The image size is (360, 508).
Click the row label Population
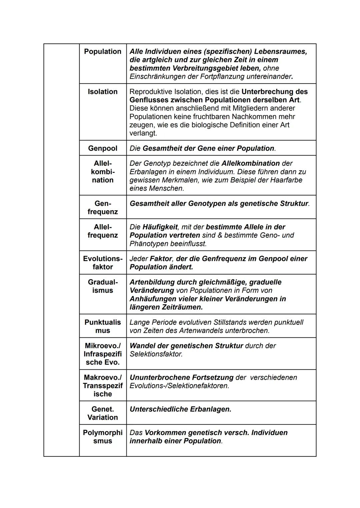click(x=103, y=52)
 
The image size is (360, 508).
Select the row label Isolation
click(x=103, y=92)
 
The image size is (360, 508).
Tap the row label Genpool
click(x=103, y=148)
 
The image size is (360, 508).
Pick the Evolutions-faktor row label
click(x=103, y=263)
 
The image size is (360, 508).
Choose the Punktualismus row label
click(x=103, y=326)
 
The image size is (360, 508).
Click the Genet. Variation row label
click(x=103, y=413)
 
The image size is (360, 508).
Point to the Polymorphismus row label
click(x=103, y=437)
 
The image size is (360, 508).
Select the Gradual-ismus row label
click(x=103, y=286)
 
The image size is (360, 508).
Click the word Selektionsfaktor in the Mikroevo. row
click(x=156, y=354)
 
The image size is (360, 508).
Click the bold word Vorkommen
click(x=165, y=433)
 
